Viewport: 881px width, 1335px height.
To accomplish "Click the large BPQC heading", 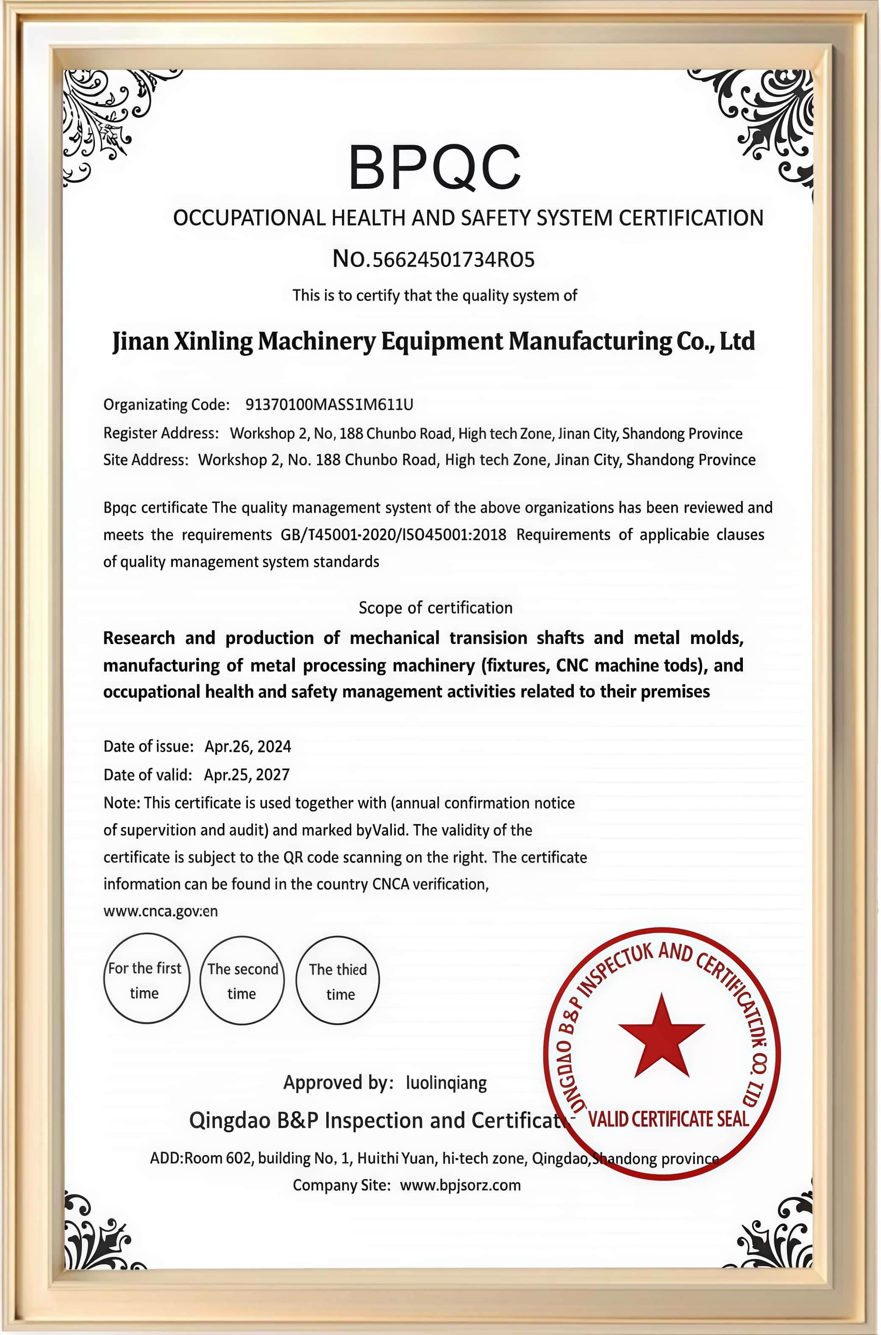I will click(x=434, y=167).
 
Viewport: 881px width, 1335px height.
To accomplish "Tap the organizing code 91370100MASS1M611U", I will click(x=329, y=404).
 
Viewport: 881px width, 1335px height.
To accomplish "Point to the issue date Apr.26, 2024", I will click(x=248, y=747).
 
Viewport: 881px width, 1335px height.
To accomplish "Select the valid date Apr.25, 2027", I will click(x=246, y=774).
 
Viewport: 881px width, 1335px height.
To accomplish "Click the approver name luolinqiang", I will click(x=446, y=1082).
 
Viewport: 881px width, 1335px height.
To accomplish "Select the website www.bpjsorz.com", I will click(x=460, y=1185).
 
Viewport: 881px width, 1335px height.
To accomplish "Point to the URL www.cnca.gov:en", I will click(x=160, y=911).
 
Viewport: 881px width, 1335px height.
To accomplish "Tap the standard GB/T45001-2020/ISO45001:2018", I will click(x=393, y=535).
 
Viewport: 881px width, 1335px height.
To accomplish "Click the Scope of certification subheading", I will click(x=436, y=608).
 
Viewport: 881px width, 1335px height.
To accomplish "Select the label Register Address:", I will click(x=161, y=433).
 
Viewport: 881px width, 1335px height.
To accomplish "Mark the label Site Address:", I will click(x=145, y=460).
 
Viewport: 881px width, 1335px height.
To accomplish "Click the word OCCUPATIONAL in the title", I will click(x=248, y=218).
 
